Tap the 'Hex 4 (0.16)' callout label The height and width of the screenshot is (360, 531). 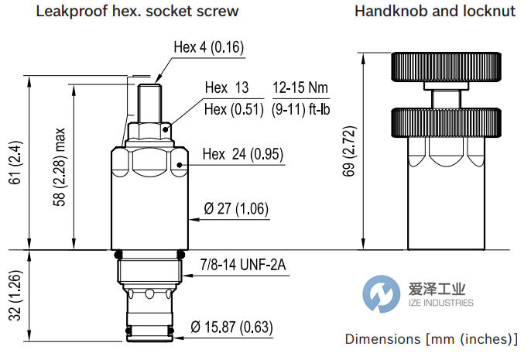tap(208, 48)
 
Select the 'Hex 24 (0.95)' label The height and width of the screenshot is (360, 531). tap(242, 154)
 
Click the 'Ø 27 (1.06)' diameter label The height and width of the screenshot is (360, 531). tap(236, 208)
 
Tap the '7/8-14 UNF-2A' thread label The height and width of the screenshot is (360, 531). tap(243, 266)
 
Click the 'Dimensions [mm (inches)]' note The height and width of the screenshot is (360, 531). tap(431, 339)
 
